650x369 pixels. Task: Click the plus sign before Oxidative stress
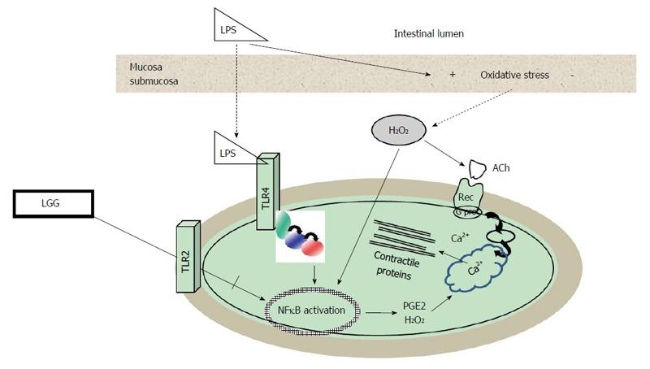[452, 75]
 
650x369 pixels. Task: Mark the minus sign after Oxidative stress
[573, 75]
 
